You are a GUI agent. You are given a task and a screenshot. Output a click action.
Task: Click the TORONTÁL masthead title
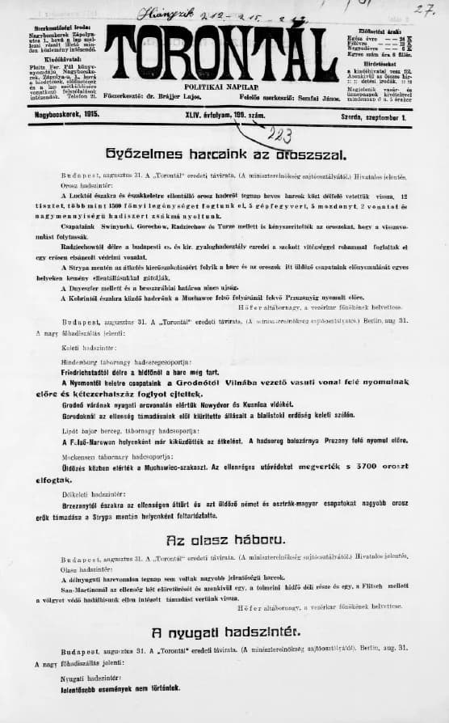(220, 54)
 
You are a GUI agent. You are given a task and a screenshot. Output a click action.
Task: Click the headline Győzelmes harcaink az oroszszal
(226, 153)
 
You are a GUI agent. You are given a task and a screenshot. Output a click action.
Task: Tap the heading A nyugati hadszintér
(224, 630)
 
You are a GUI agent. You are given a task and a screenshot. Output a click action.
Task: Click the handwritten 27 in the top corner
(419, 10)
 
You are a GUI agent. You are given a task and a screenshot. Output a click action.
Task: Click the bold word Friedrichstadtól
(92, 363)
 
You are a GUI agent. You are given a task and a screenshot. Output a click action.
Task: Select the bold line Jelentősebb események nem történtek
(121, 689)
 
